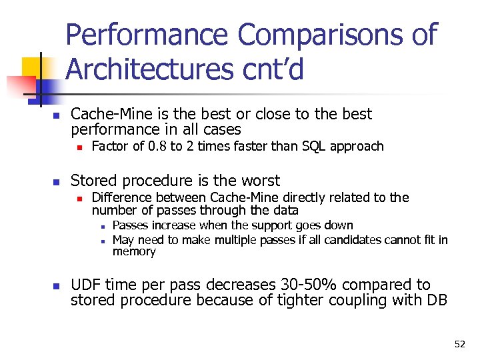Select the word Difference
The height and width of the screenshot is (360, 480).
coord(124,197)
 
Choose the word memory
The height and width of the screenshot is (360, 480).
coord(134,251)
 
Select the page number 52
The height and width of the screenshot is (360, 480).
coord(459,344)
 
